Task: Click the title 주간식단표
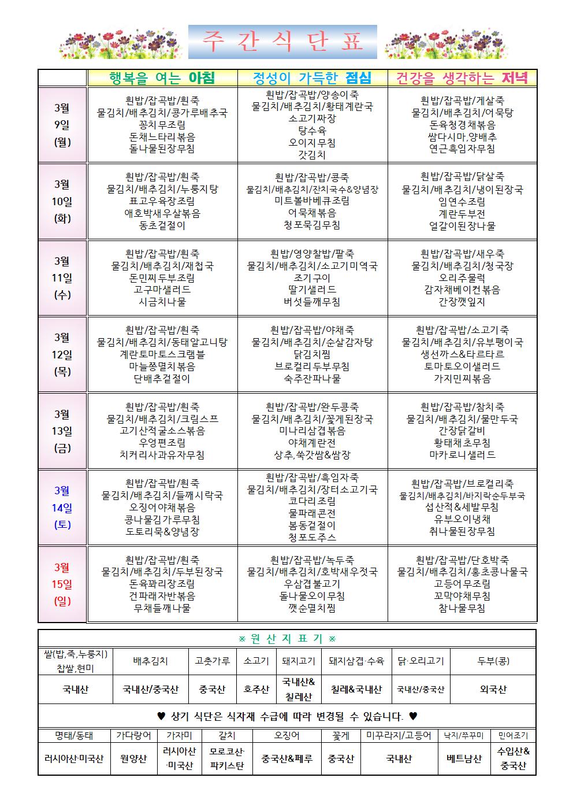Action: [282, 42]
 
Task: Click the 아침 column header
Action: [162, 78]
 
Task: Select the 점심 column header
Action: [312, 78]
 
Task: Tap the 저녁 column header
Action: [462, 78]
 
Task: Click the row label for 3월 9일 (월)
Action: [62, 125]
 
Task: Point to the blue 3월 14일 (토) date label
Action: [62, 508]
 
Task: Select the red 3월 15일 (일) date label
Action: [62, 584]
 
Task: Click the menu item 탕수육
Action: [312, 131]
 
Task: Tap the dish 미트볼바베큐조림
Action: [312, 201]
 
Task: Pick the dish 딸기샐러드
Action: [312, 290]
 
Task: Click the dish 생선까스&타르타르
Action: [462, 354]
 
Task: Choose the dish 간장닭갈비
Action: [462, 431]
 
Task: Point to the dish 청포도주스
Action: [312, 537]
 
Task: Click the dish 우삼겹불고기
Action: [312, 584]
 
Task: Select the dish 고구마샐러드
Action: [162, 290]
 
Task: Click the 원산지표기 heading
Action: [287, 639]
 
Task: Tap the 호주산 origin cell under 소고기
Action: [256, 689]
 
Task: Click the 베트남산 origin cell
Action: [464, 758]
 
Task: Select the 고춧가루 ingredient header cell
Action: [213, 661]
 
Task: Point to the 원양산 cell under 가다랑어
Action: [133, 758]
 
